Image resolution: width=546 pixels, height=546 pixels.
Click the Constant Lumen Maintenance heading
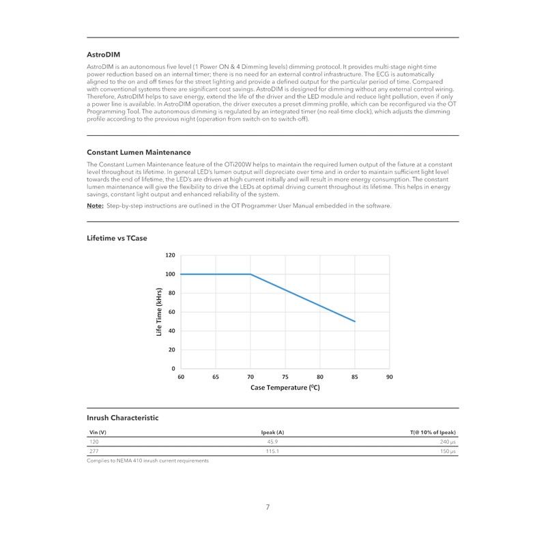tap(139, 152)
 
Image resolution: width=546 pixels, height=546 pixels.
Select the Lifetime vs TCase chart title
tap(117, 239)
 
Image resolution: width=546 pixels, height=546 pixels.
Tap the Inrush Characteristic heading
tap(122, 417)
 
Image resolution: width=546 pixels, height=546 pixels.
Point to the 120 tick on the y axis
tap(171, 255)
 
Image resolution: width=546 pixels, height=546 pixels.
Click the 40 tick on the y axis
tap(172, 331)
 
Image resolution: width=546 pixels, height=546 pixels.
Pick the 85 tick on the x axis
tap(354, 376)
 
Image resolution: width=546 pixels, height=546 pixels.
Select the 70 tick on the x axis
tap(250, 376)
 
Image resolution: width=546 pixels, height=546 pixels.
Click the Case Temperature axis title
tap(285, 387)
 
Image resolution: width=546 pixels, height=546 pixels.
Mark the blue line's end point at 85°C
tap(354, 321)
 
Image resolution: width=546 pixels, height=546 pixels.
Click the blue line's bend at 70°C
tap(250, 274)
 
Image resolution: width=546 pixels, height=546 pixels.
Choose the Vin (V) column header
tap(98, 433)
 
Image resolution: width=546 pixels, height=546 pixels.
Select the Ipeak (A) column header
tap(272, 433)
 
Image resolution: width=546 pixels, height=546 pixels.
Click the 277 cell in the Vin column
tap(94, 452)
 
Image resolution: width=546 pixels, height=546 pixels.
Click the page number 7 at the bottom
tap(268, 507)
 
